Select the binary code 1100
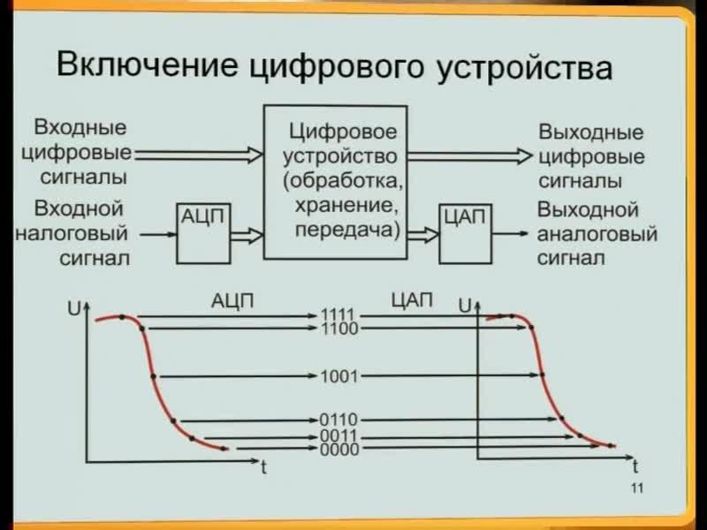tap(338, 329)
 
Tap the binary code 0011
tap(338, 436)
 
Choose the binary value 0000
tap(338, 449)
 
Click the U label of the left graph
tap(72, 308)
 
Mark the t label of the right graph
tap(635, 466)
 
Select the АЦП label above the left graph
tap(232, 299)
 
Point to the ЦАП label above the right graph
tap(412, 299)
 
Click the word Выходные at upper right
tap(590, 134)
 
